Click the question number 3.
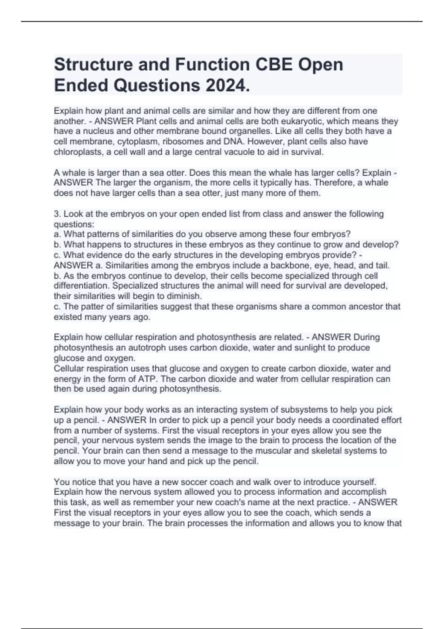click(x=57, y=214)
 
